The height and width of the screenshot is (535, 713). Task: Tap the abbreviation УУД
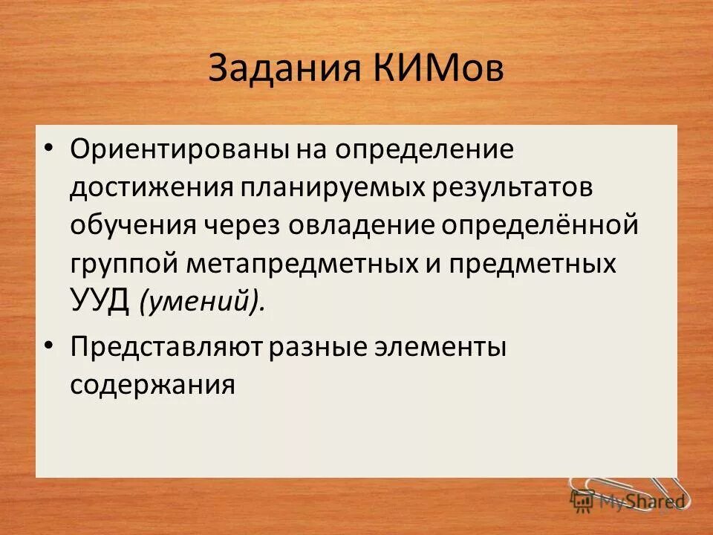click(101, 301)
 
